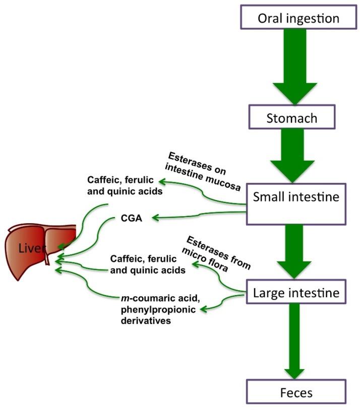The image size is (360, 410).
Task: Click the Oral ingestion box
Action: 291,19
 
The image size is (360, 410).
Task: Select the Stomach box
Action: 291,118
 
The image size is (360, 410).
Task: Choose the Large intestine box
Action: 295,291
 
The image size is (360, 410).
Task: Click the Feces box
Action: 295,391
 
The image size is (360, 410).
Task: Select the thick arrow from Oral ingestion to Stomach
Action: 291,68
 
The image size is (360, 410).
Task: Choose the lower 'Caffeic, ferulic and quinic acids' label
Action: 143,264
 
